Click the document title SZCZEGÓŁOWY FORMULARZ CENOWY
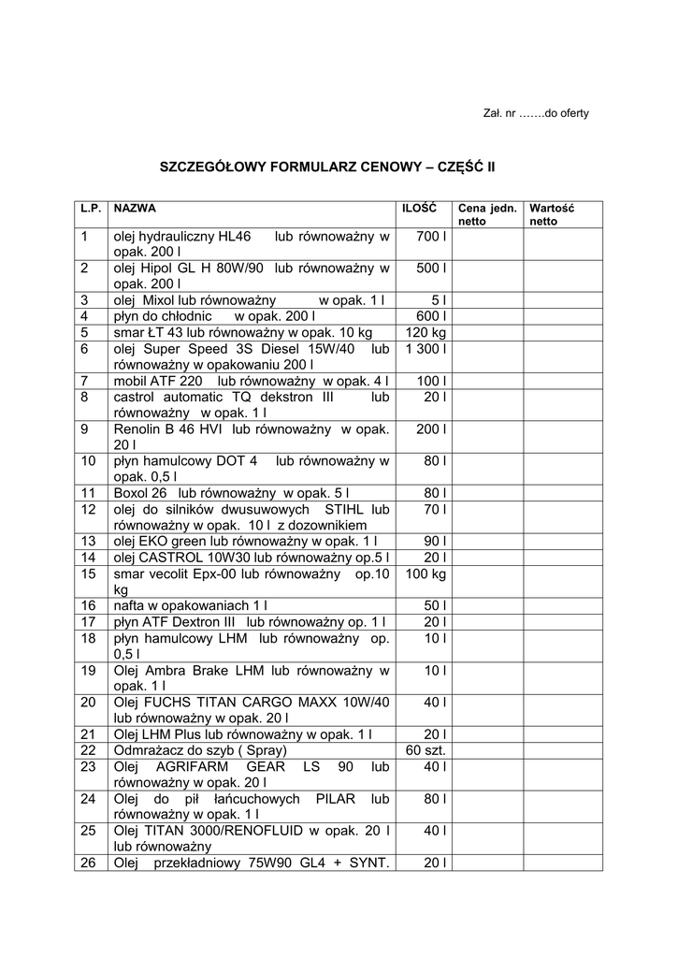coord(327,167)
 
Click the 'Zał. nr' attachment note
coord(536,113)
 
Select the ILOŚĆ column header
coord(419,209)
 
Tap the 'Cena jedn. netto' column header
coord(486,214)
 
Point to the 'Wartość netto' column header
coord(552,214)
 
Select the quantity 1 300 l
coord(424,348)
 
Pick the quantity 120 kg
coord(426,332)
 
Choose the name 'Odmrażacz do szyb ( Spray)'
coord(200,750)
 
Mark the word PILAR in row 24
coord(334,799)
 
